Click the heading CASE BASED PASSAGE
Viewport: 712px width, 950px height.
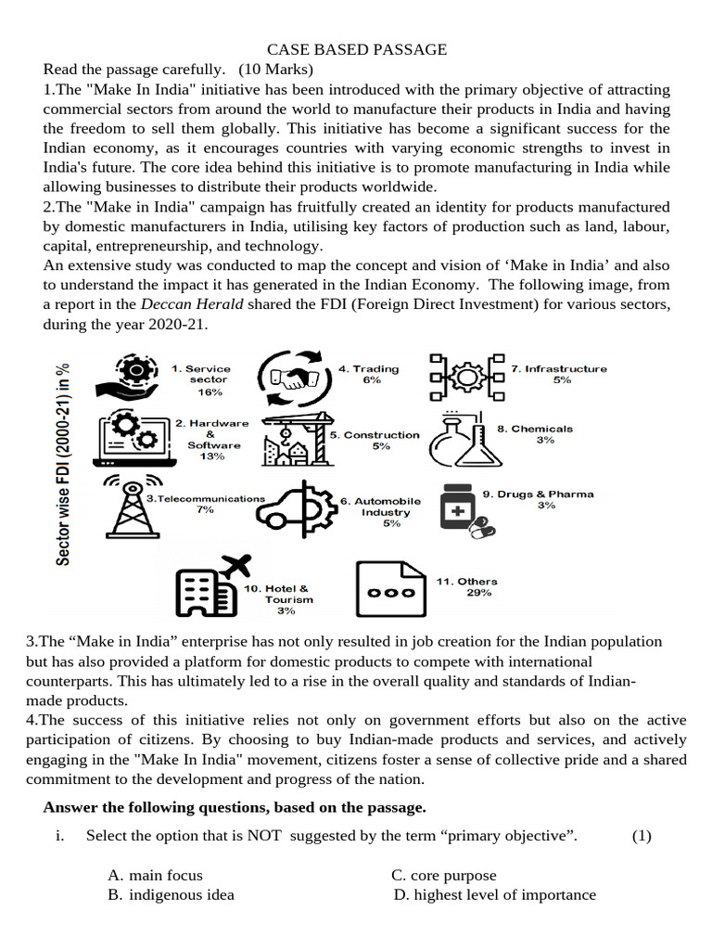[357, 50]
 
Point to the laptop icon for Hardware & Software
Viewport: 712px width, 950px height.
[134, 436]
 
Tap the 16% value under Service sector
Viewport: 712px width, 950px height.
[210, 392]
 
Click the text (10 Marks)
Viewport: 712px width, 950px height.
[275, 70]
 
